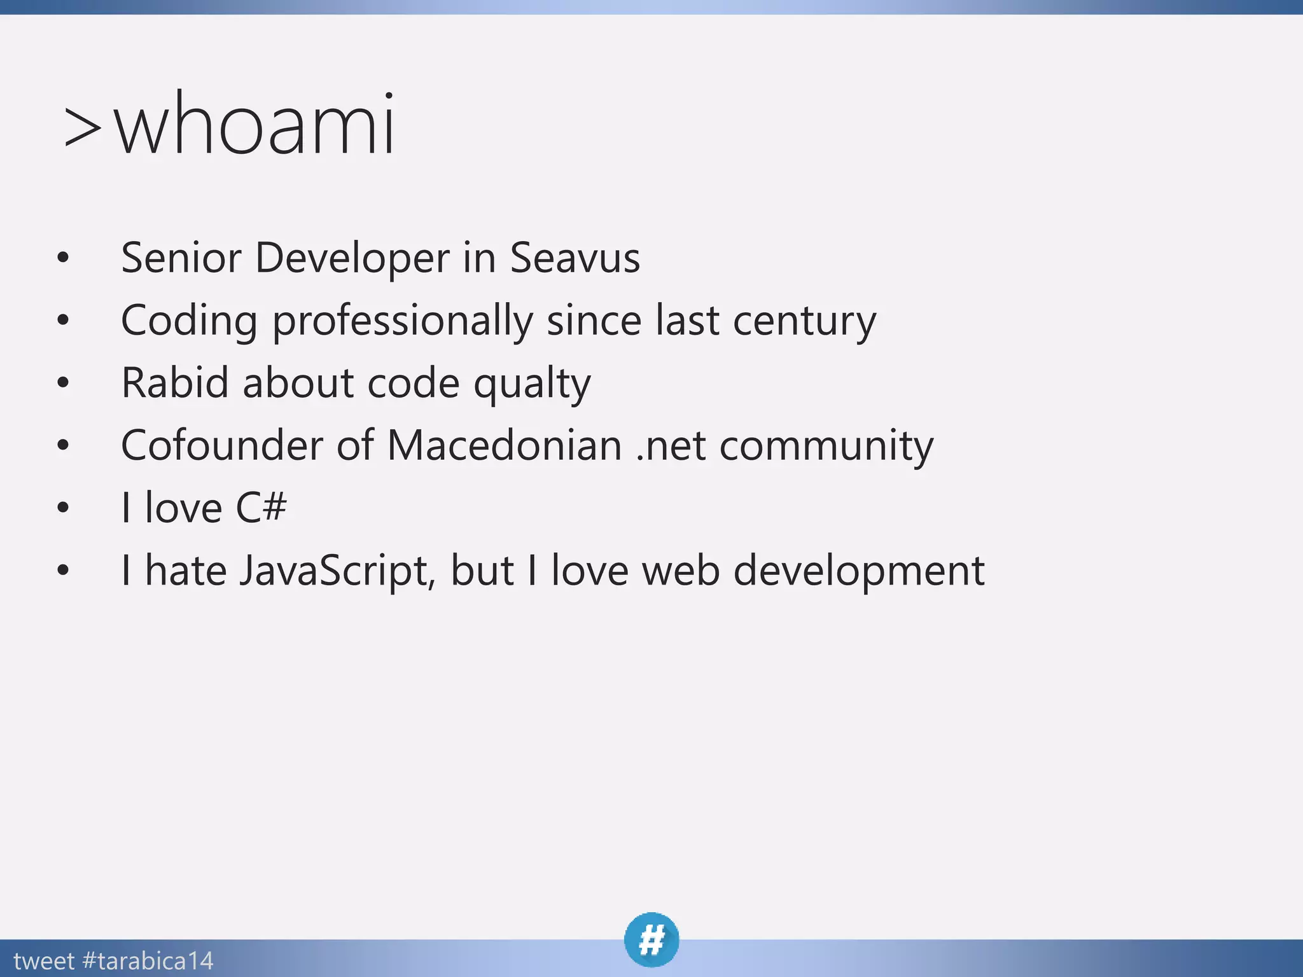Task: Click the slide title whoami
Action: click(x=254, y=125)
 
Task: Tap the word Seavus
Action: click(x=575, y=258)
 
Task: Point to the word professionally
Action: click(x=403, y=321)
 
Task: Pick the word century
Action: click(x=804, y=321)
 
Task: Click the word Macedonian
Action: click(x=504, y=445)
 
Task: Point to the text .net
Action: click(x=671, y=446)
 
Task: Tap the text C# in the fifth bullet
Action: click(x=261, y=508)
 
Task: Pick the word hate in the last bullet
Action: click(x=186, y=570)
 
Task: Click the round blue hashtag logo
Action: click(x=651, y=939)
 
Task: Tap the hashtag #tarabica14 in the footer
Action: click(x=148, y=960)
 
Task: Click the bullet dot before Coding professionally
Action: click(x=62, y=320)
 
